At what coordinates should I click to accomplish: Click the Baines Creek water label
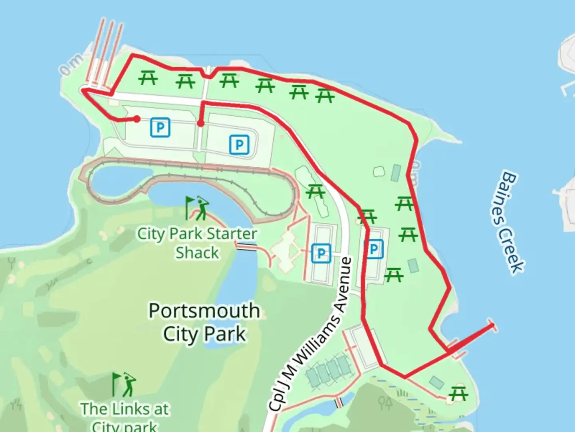point(507,222)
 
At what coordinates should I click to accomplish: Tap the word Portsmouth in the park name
point(204,311)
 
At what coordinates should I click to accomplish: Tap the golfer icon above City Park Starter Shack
point(197,208)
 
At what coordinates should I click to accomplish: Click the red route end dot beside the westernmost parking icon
point(137,119)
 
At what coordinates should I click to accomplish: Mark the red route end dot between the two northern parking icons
point(200,123)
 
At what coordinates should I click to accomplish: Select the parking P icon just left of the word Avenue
point(321,253)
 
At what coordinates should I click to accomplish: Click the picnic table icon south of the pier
point(458,394)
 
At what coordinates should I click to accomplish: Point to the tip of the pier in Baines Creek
point(492,325)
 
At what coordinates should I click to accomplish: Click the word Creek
point(513,252)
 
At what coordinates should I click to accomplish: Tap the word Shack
point(197,253)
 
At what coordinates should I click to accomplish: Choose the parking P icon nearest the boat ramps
point(160,128)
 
